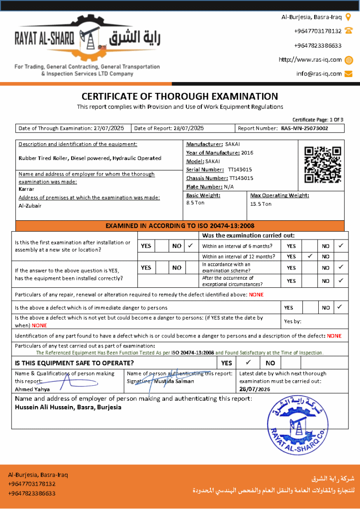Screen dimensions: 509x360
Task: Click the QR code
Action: [x=323, y=165]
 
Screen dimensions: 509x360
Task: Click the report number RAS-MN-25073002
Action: [x=304, y=128]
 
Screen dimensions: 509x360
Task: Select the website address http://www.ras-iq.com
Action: [x=310, y=60]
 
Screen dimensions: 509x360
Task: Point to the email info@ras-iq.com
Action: [x=319, y=74]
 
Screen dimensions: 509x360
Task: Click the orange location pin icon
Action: [x=349, y=17]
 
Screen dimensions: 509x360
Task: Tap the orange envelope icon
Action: [x=349, y=74]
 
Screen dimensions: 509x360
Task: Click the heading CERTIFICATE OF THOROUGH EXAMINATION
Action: [x=180, y=96]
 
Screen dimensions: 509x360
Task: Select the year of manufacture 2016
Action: [x=247, y=153]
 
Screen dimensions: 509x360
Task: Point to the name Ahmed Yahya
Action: [x=32, y=389]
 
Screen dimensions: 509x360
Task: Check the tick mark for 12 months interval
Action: [x=310, y=256]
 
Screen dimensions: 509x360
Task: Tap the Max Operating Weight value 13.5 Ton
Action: [x=261, y=204]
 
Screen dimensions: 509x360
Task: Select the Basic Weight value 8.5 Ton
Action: [x=195, y=203]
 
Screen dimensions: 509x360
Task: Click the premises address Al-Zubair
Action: [x=30, y=205]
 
